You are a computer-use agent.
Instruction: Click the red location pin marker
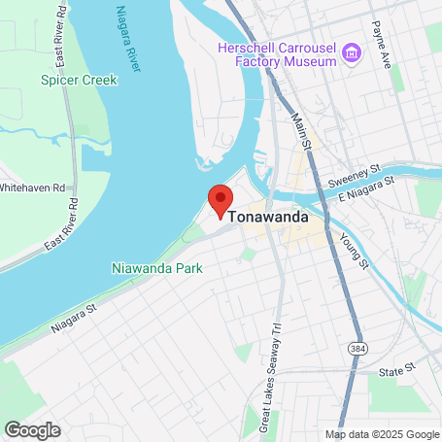(x=221, y=199)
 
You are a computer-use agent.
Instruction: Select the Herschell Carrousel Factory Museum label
(x=278, y=54)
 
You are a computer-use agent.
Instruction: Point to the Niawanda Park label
(x=156, y=267)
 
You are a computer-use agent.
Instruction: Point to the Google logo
(x=32, y=429)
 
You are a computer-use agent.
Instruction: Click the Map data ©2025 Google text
(x=382, y=434)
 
